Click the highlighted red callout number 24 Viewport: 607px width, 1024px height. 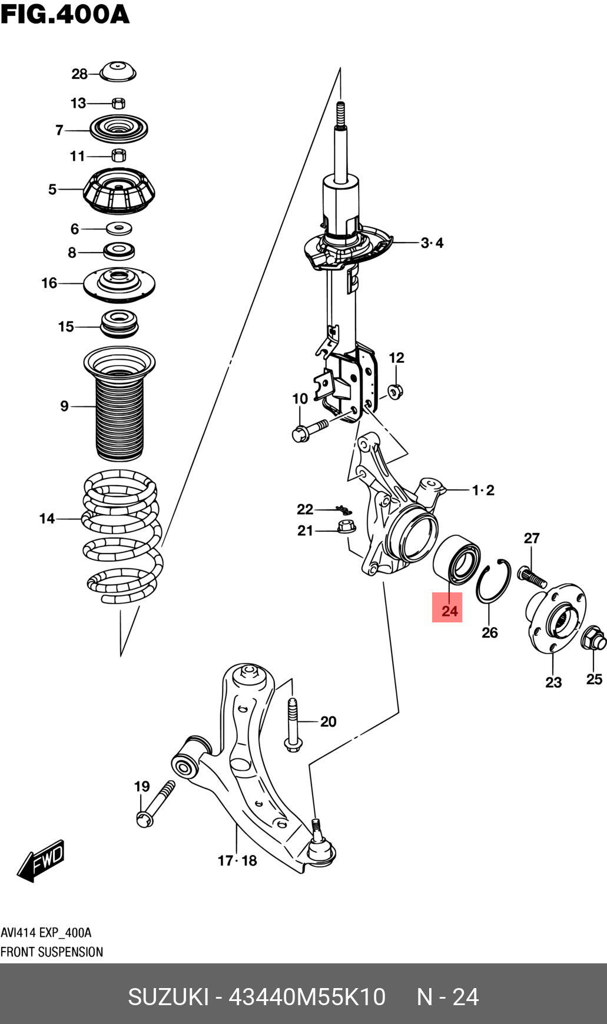point(447,608)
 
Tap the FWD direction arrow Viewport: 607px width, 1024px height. point(41,860)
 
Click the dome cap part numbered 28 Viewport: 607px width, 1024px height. point(117,72)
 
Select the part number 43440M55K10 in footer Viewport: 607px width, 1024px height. point(307,997)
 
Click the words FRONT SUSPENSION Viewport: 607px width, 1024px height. point(52,952)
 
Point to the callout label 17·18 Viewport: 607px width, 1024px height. point(237,860)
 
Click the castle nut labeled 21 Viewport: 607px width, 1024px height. point(346,526)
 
